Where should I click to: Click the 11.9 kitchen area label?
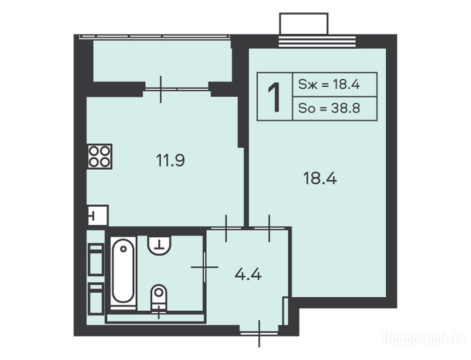tap(170, 160)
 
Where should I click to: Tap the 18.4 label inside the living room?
tap(320, 178)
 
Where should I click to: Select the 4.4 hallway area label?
tap(248, 274)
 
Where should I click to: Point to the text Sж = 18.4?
tap(329, 84)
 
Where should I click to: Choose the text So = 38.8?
tap(329, 108)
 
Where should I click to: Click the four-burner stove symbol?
tap(100, 156)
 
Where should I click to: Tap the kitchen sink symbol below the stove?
tap(97, 215)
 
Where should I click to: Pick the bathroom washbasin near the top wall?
tap(159, 245)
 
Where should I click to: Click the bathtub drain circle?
tap(123, 249)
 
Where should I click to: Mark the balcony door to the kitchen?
tap(177, 89)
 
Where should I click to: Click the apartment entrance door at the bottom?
tap(259, 333)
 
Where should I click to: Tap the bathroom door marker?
tap(204, 267)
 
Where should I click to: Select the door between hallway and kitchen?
tap(226, 228)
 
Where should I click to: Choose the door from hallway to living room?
tap(269, 228)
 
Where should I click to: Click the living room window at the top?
tap(317, 42)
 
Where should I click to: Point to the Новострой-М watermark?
tap(424, 338)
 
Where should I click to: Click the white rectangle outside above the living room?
tap(304, 24)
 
